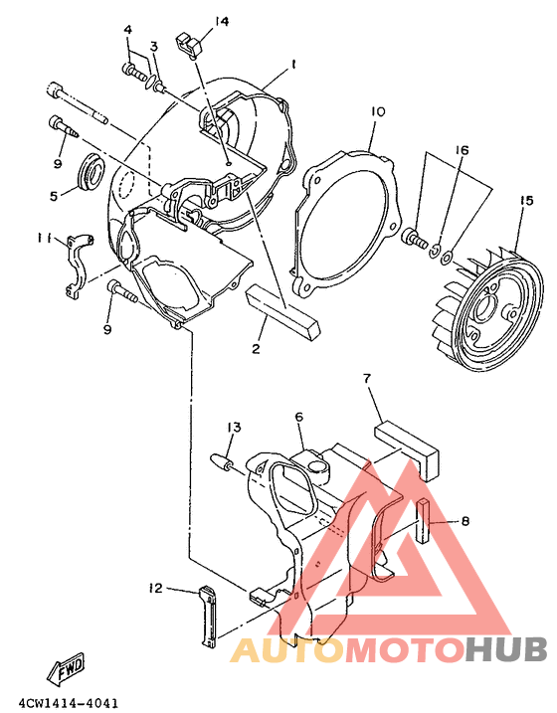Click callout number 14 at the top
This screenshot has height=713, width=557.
[221, 21]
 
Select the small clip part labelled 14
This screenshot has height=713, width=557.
[189, 44]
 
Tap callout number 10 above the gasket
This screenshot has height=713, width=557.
[378, 112]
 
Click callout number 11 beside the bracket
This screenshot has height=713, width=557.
[44, 239]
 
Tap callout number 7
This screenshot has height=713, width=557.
[366, 379]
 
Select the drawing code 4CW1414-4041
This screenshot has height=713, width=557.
[61, 703]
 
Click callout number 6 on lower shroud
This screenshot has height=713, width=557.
[297, 417]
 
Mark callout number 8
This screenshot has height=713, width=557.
[464, 520]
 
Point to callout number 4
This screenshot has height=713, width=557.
[128, 30]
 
